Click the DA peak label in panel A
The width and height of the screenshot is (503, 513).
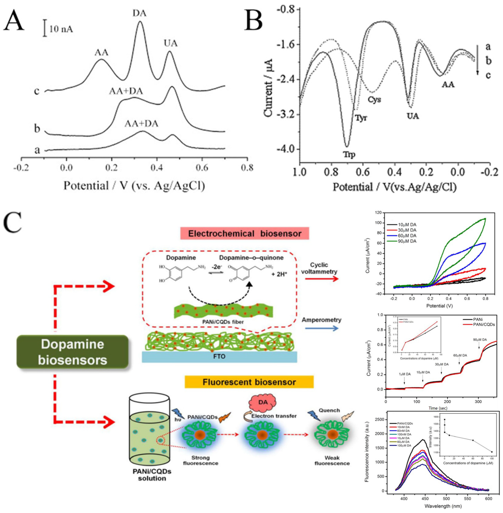click(139, 13)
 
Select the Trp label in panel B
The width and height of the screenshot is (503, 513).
click(349, 154)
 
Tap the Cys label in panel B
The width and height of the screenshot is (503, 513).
click(374, 99)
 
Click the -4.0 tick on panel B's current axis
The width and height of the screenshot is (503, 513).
click(285, 149)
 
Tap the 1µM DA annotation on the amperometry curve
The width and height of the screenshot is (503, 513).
click(405, 374)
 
